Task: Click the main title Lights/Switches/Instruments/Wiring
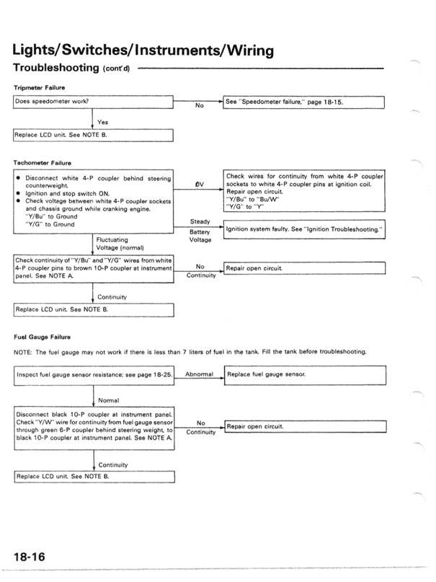pyautogui.click(x=143, y=50)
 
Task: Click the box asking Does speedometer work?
pyautogui.click(x=94, y=102)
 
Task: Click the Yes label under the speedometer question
pyautogui.click(x=103, y=122)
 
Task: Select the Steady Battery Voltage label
pyautogui.click(x=200, y=232)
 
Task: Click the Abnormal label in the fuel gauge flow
pyautogui.click(x=200, y=374)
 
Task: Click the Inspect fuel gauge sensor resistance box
pyautogui.click(x=94, y=375)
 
